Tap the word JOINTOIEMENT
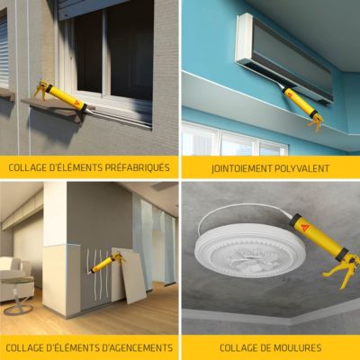240,168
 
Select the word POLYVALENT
301,168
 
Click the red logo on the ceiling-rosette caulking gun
306,225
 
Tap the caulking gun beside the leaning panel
106,263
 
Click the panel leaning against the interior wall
129,275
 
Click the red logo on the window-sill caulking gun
78,103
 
